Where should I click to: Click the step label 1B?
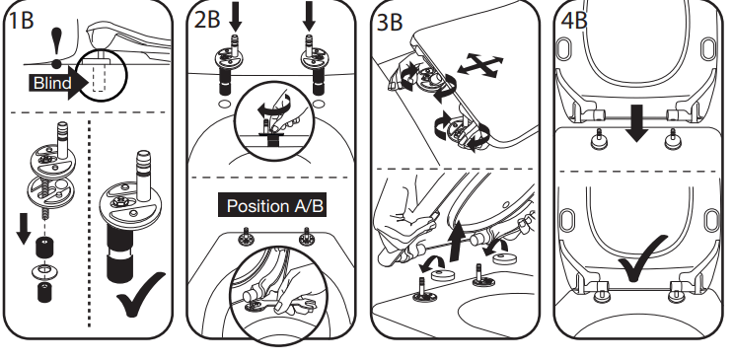point(22,21)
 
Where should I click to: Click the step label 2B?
point(206,21)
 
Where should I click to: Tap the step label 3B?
point(390,22)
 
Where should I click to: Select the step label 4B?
point(573,21)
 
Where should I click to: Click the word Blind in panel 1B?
point(52,83)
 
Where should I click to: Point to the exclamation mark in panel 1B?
point(56,47)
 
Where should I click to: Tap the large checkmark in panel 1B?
point(140,294)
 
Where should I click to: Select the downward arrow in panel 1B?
point(24,228)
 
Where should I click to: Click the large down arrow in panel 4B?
point(636,123)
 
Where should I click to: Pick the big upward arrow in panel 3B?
point(457,242)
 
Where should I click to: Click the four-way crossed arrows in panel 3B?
point(480,65)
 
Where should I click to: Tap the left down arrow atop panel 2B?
point(236,16)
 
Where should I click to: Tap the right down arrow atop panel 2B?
point(309,16)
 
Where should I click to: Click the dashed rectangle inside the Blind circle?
point(99,77)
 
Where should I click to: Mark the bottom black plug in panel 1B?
point(44,292)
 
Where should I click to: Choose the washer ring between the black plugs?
point(44,270)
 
